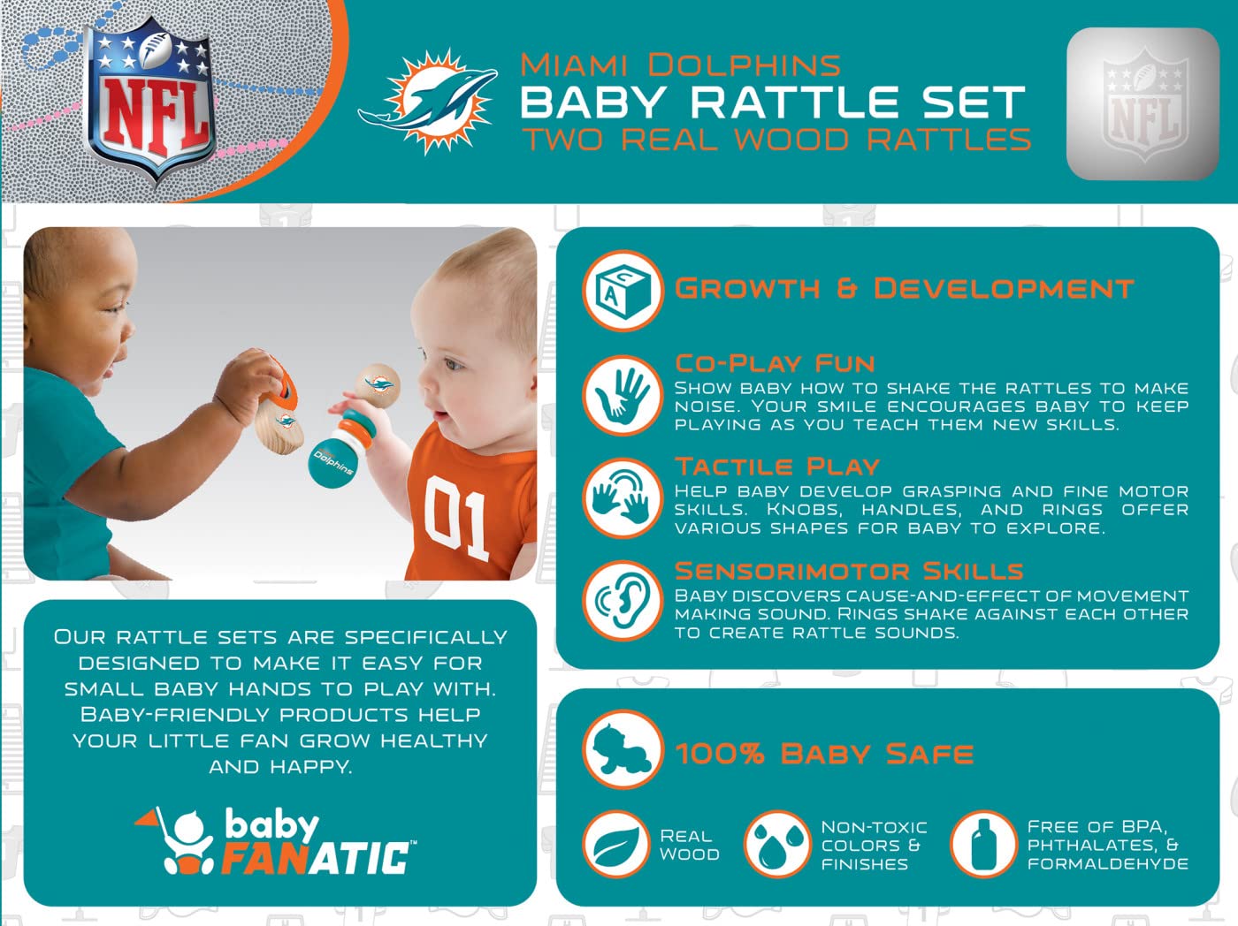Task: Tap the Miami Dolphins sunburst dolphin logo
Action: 429,102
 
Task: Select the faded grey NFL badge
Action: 1143,103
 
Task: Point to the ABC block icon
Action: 623,291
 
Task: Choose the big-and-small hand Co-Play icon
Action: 623,395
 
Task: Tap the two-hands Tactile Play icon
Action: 623,498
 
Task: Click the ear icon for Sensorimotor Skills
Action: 623,602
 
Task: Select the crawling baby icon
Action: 623,750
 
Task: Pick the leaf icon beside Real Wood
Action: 616,845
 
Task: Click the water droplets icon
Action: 777,845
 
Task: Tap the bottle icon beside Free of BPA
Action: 984,845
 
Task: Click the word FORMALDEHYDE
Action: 1108,864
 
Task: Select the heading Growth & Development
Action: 905,289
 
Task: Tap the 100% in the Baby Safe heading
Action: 720,754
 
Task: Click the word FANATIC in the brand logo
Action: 316,858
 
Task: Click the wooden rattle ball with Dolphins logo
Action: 378,386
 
